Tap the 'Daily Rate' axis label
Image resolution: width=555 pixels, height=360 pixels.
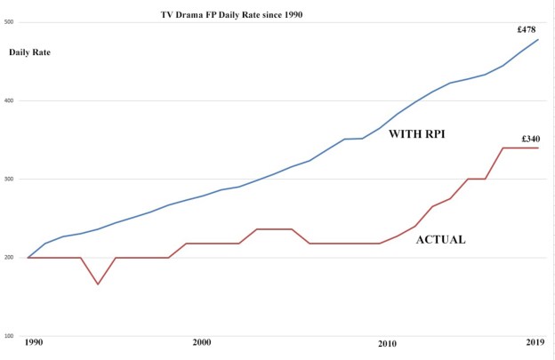click(29, 52)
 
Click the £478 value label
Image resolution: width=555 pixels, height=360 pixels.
click(530, 29)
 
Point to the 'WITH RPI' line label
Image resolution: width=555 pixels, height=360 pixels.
click(417, 134)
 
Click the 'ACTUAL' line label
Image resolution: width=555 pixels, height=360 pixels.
click(441, 240)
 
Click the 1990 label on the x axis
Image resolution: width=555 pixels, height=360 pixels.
click(34, 342)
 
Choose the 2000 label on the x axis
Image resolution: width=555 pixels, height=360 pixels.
click(201, 342)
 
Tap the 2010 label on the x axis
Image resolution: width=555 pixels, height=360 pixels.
click(386, 342)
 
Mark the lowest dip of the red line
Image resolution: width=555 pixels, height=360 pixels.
click(99, 284)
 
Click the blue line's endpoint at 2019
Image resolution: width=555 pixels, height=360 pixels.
click(538, 39)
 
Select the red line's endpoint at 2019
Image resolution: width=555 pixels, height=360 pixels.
click(538, 148)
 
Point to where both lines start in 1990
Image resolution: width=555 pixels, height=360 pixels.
click(28, 258)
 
